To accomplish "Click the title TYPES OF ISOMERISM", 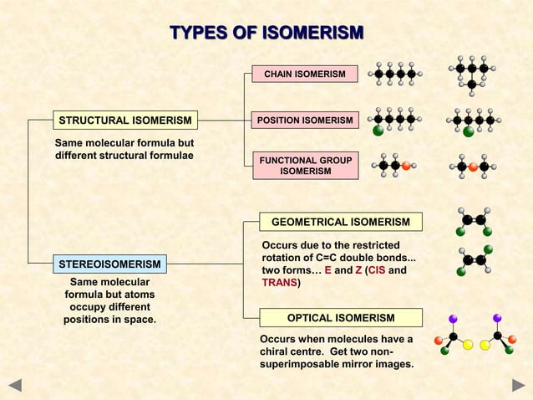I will tap(266, 33).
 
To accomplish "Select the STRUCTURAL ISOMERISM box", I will tap(124, 121).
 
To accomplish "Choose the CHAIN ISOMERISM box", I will tap(305, 75).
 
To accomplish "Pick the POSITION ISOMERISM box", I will tap(305, 121).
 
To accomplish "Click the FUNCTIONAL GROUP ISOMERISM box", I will tap(305, 166).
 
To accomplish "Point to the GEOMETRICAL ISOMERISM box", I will tap(341, 222).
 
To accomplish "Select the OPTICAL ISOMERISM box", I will tap(341, 318).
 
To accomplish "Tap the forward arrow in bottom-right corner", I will tap(517, 386).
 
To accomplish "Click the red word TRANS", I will tap(279, 283).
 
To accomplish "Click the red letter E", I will tap(327, 270).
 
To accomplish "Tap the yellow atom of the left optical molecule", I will tap(469, 345).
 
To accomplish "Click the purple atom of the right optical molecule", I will tap(496, 318).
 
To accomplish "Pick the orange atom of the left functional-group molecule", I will tap(406, 166).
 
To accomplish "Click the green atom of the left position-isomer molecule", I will tap(378, 131).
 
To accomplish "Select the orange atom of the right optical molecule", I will tap(512, 339).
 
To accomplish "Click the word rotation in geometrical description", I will tap(283, 257).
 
